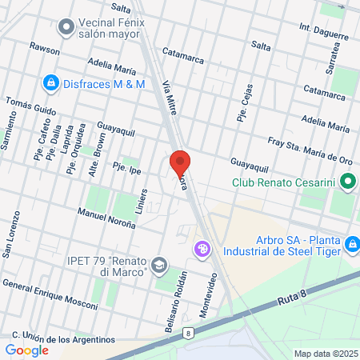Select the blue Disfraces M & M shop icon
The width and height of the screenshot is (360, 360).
tap(50, 82)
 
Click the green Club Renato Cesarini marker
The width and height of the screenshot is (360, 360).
tap(348, 183)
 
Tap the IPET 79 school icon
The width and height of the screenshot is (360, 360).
tap(161, 265)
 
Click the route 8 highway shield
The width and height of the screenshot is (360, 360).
tap(187, 333)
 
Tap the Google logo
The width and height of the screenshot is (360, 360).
tap(26, 350)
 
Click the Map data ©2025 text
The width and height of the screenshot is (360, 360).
tap(323, 353)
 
